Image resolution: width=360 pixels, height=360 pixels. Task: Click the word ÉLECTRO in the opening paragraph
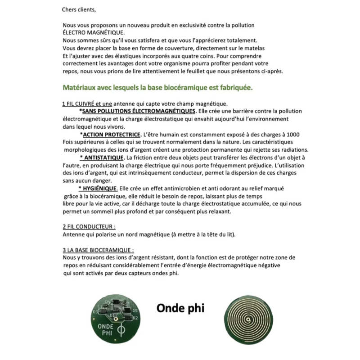tap(76, 33)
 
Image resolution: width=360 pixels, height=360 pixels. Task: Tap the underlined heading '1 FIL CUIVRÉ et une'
tap(87, 104)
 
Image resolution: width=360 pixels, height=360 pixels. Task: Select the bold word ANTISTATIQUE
tap(102, 157)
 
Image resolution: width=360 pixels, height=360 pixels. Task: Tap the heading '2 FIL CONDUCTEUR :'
tap(89, 226)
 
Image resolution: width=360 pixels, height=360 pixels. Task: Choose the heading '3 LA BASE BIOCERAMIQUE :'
tap(98, 250)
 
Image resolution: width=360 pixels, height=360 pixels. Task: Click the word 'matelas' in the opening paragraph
tap(255, 48)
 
